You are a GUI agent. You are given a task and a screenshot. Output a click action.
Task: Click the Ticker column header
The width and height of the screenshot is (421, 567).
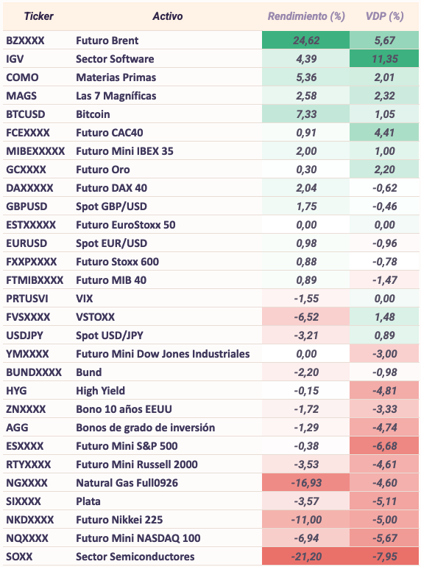pos(38,16)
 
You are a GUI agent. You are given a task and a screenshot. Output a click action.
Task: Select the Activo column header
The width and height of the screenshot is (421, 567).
pos(168,16)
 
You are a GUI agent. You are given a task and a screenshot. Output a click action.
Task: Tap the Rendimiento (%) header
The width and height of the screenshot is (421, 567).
pos(306,16)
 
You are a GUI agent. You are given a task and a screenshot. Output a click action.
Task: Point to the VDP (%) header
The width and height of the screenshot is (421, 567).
pos(384,16)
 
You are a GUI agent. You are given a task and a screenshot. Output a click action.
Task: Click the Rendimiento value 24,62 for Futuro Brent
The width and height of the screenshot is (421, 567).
pos(306,41)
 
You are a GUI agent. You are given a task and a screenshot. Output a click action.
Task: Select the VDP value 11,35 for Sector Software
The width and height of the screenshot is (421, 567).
pos(385,59)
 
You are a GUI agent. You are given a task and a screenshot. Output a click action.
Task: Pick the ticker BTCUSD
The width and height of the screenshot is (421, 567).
pos(26,114)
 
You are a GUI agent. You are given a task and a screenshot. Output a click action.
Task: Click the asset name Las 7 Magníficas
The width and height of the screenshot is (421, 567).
pos(116,96)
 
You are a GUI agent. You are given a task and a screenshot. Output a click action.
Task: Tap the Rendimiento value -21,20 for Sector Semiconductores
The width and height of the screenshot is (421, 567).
pos(306,557)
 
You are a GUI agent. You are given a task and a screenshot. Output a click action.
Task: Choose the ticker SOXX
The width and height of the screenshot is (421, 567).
pos(19,557)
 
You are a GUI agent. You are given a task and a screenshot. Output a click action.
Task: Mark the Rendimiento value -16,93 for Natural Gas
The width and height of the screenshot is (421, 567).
pos(306,483)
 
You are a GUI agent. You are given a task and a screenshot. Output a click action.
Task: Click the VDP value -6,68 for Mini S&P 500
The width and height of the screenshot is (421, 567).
pos(385,446)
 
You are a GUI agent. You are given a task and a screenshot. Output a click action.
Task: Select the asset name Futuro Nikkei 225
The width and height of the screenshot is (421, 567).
pos(119,520)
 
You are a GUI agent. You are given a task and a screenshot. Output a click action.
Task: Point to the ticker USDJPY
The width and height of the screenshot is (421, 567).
pos(24,335)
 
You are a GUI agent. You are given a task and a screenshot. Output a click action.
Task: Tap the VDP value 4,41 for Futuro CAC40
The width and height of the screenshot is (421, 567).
pos(385,133)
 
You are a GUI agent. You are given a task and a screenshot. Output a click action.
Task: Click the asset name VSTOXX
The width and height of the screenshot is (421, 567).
pos(96,317)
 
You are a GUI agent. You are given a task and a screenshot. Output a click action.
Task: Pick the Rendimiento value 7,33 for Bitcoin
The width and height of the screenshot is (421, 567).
pos(306,114)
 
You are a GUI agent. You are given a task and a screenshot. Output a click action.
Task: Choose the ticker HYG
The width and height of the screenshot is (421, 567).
pos(16,391)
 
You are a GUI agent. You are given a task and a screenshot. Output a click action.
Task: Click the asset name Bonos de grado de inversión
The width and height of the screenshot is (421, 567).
pos(146,428)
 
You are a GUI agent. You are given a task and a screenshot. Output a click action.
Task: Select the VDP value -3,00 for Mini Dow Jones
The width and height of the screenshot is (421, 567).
pos(385,354)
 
